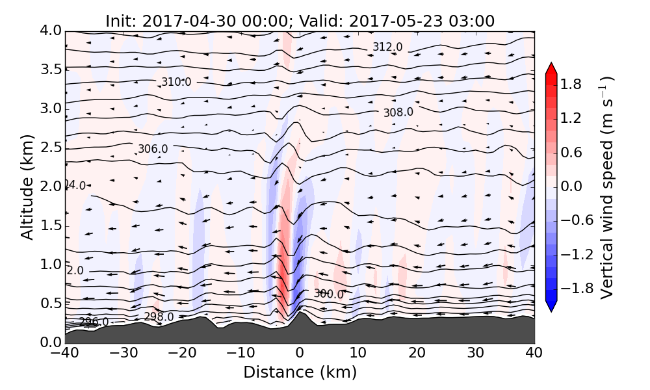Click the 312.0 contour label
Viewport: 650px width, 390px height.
(x=387, y=47)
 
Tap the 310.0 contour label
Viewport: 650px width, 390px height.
(x=176, y=82)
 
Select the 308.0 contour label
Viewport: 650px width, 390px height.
(x=398, y=112)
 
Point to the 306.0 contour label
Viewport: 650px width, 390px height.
(x=153, y=149)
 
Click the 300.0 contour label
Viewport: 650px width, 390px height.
(x=328, y=294)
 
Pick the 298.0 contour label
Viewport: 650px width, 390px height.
(x=159, y=317)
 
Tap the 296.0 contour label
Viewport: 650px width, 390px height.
(x=94, y=322)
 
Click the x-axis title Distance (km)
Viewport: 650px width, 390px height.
(x=300, y=372)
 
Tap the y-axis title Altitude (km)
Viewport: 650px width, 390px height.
(x=27, y=187)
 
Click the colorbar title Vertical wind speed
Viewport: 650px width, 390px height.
(x=606, y=187)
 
